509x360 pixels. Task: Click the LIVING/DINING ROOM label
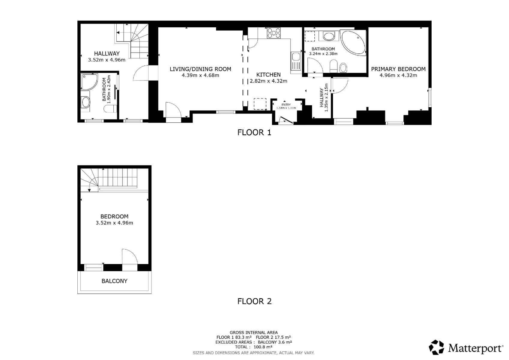pos(200,69)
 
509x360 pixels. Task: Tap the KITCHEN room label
pos(268,75)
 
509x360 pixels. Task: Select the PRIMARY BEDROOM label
pos(398,69)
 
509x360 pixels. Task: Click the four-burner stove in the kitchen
pos(274,33)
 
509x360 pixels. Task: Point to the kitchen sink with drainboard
pos(296,62)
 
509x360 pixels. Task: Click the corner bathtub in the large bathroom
pos(353,42)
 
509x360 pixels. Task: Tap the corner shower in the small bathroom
pos(89,82)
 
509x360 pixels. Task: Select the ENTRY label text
pos(286,105)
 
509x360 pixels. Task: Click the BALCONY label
pos(114,281)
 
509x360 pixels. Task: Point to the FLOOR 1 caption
pos(254,132)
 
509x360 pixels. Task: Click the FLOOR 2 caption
pos(254,301)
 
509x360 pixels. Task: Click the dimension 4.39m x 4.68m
pos(200,75)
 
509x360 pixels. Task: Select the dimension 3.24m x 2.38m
pos(323,54)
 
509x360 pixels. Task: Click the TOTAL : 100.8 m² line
pos(253,347)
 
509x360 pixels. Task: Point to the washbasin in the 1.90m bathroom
pos(85,102)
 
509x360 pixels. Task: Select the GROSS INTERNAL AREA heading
pos(253,332)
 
